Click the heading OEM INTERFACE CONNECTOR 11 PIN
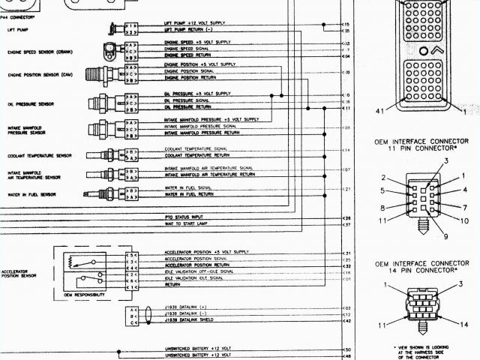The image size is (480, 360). [427, 144]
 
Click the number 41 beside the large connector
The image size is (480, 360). [380, 111]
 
